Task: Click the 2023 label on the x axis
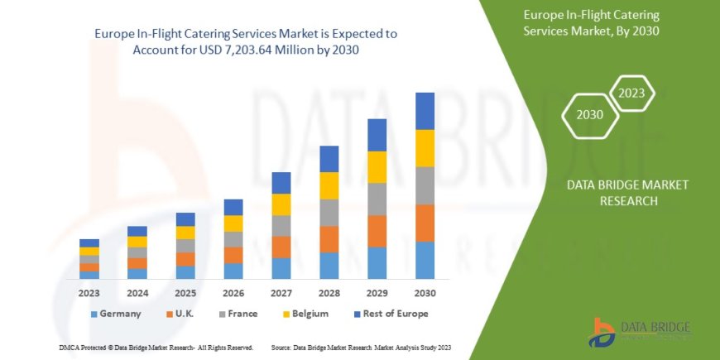click(89, 293)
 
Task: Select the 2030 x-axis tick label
click(425, 293)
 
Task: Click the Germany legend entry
click(115, 314)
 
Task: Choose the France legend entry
click(239, 314)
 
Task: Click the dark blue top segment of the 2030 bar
click(425, 111)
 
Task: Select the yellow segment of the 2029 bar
click(377, 167)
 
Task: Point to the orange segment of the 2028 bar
click(329, 239)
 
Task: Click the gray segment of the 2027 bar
click(281, 226)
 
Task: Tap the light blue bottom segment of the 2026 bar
click(233, 271)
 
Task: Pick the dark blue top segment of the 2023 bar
click(89, 243)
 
